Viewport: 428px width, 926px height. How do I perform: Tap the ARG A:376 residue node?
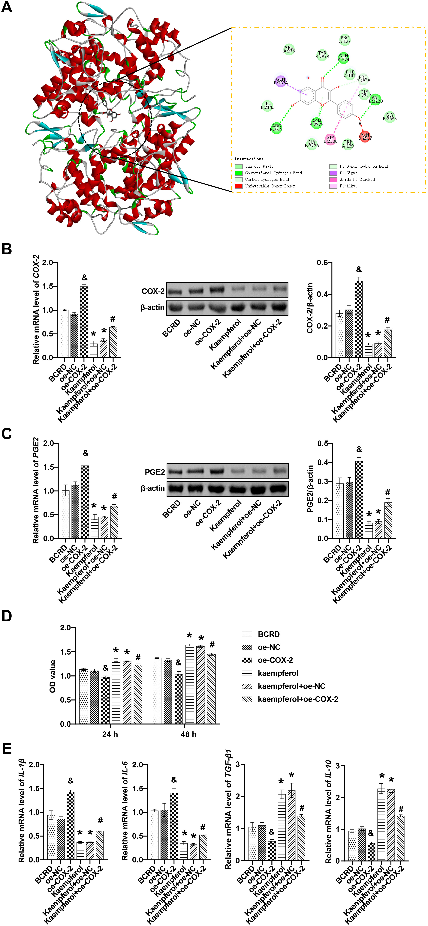[x=289, y=49]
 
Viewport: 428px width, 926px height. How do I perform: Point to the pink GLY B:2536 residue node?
[x=330, y=139]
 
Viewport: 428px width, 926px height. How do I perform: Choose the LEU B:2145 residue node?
[x=267, y=105]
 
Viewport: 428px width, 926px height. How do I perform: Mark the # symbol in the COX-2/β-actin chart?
[x=387, y=320]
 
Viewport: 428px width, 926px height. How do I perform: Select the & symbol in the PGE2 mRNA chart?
[x=85, y=453]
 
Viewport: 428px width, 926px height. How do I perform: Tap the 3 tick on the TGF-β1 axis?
[x=238, y=765]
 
